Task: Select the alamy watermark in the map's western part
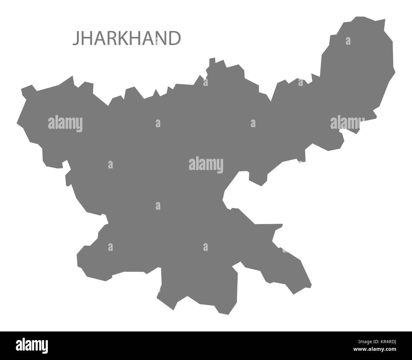coord(65,123)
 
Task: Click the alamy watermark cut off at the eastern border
coord(347,123)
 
